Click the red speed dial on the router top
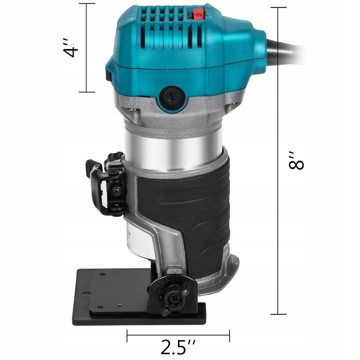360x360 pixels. (x=199, y=16)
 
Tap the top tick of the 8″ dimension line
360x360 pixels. (x=278, y=7)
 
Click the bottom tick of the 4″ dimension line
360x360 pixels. (x=86, y=92)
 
